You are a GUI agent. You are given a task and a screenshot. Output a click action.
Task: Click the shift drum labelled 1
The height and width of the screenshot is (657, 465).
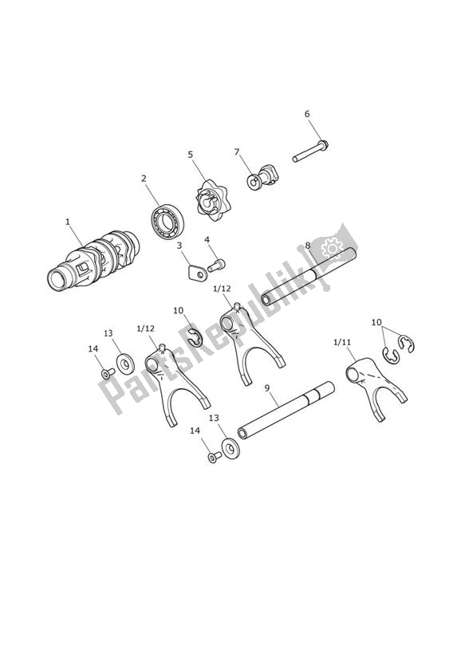94,259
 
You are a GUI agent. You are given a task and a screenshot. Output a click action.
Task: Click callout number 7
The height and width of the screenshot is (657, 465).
236,151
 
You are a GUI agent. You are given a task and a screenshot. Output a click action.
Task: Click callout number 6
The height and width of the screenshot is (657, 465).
307,114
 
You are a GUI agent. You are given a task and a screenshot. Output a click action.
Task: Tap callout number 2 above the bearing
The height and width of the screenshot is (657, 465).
144,179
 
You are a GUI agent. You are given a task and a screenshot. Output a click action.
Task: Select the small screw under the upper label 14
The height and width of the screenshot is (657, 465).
105,373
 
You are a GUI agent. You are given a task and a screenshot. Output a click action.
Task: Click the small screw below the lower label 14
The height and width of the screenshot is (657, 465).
214,457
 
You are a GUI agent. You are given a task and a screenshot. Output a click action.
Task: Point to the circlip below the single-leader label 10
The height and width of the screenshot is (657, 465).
194,337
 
